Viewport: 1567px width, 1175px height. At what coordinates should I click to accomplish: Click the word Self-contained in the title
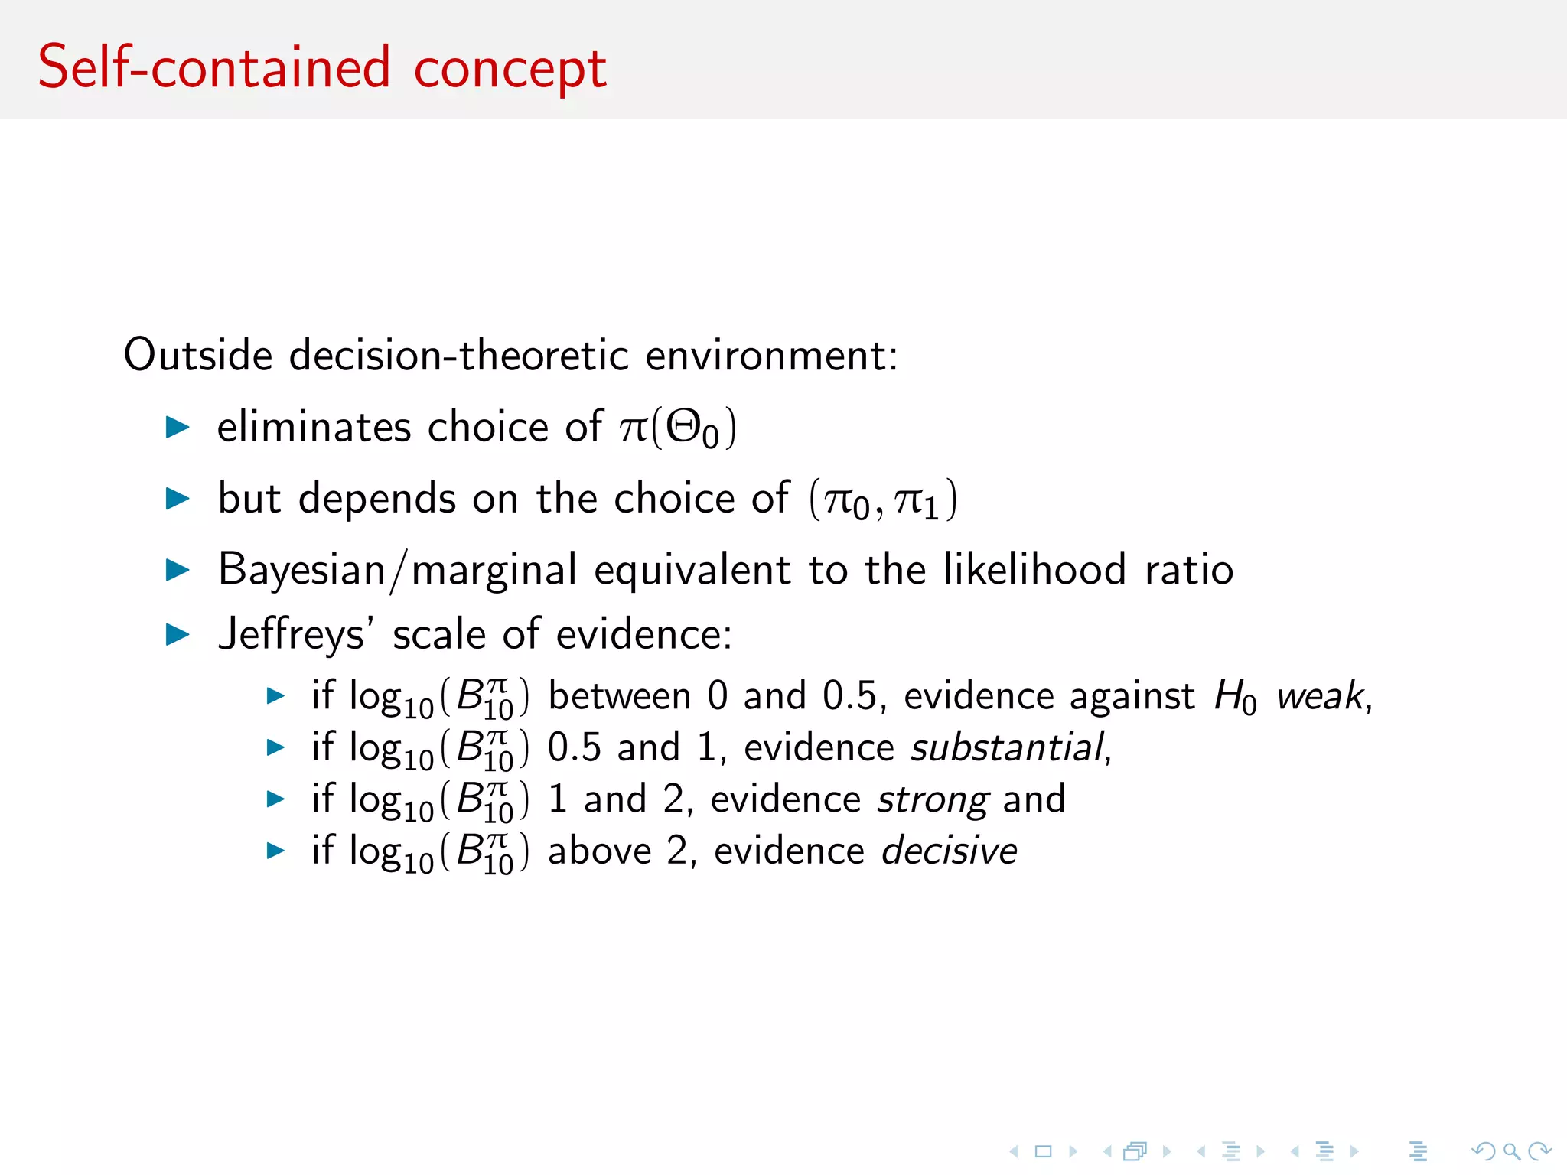[214, 67]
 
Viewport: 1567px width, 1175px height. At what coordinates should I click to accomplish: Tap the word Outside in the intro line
[198, 355]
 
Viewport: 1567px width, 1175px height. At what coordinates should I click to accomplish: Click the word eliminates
[314, 427]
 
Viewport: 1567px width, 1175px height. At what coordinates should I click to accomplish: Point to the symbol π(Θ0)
[678, 428]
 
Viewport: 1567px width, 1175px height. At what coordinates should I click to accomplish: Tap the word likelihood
[1034, 569]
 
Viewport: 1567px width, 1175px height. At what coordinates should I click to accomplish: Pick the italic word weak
[1321, 696]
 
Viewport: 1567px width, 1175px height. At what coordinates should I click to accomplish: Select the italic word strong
[933, 800]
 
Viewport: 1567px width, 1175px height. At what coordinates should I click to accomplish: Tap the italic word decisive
[949, 851]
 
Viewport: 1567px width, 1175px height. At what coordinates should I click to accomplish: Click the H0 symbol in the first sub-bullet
[1235, 698]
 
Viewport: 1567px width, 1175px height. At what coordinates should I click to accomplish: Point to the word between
[620, 696]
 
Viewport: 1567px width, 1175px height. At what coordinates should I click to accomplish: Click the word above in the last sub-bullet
[599, 851]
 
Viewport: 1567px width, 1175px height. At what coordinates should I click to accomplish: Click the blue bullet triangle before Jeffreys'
[178, 635]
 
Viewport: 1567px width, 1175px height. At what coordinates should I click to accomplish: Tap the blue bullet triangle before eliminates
[178, 427]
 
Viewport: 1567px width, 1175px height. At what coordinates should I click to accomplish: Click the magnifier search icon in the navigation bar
[1511, 1151]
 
